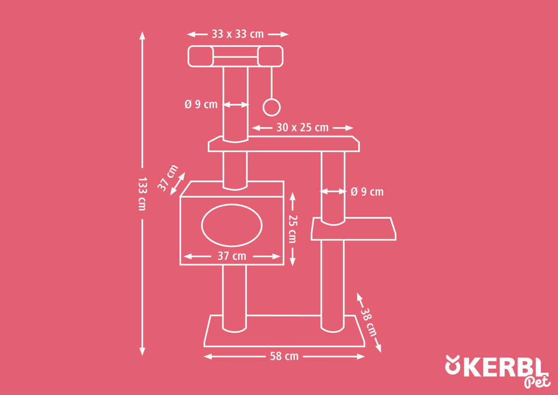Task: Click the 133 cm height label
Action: (x=142, y=194)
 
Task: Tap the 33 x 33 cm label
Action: (x=238, y=34)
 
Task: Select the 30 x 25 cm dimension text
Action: (x=302, y=128)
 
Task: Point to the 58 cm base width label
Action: (x=284, y=356)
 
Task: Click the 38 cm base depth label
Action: (x=369, y=322)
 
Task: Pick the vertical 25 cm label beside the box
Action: (x=292, y=229)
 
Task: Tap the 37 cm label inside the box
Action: (x=232, y=256)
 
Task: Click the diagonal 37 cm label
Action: (x=168, y=178)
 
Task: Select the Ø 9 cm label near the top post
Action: (x=201, y=105)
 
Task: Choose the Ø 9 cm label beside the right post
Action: (x=367, y=192)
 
